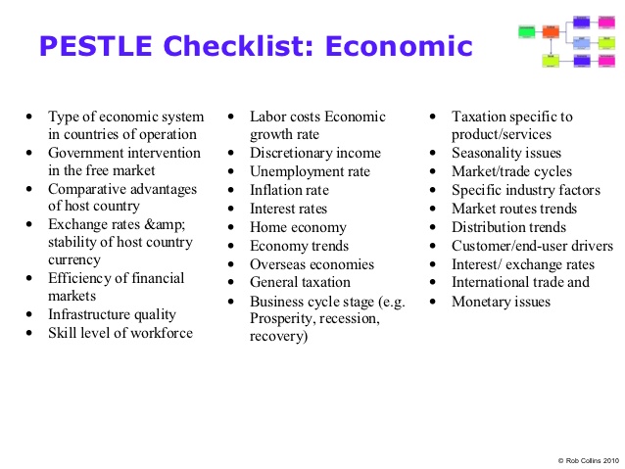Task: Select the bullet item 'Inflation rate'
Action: (289, 190)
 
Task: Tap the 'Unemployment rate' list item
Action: (310, 171)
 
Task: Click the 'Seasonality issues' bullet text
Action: (505, 153)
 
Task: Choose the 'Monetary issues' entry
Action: (501, 302)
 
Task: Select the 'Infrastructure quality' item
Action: (112, 314)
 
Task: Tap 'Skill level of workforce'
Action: (120, 333)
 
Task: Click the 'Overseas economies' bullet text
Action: (312, 264)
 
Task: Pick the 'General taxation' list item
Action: (300, 283)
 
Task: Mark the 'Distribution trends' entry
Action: (508, 227)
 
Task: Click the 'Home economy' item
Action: (298, 227)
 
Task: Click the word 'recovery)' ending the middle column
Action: (278, 337)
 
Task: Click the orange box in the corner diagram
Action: (551, 31)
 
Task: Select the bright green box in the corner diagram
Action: (525, 31)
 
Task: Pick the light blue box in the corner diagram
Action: (582, 43)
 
